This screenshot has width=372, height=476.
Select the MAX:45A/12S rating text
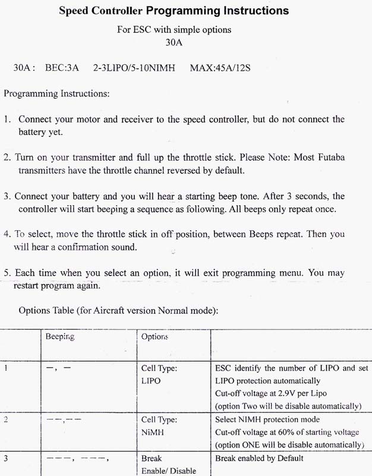(x=220, y=68)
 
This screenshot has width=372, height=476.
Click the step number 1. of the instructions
(x=8, y=119)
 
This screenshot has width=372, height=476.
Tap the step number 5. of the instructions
(x=7, y=274)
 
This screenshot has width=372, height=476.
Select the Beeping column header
(x=60, y=337)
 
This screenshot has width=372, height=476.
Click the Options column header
(x=155, y=337)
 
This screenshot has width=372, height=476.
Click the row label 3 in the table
(x=6, y=459)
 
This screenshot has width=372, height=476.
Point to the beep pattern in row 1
(x=58, y=369)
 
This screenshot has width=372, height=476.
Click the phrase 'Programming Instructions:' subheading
(x=56, y=94)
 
